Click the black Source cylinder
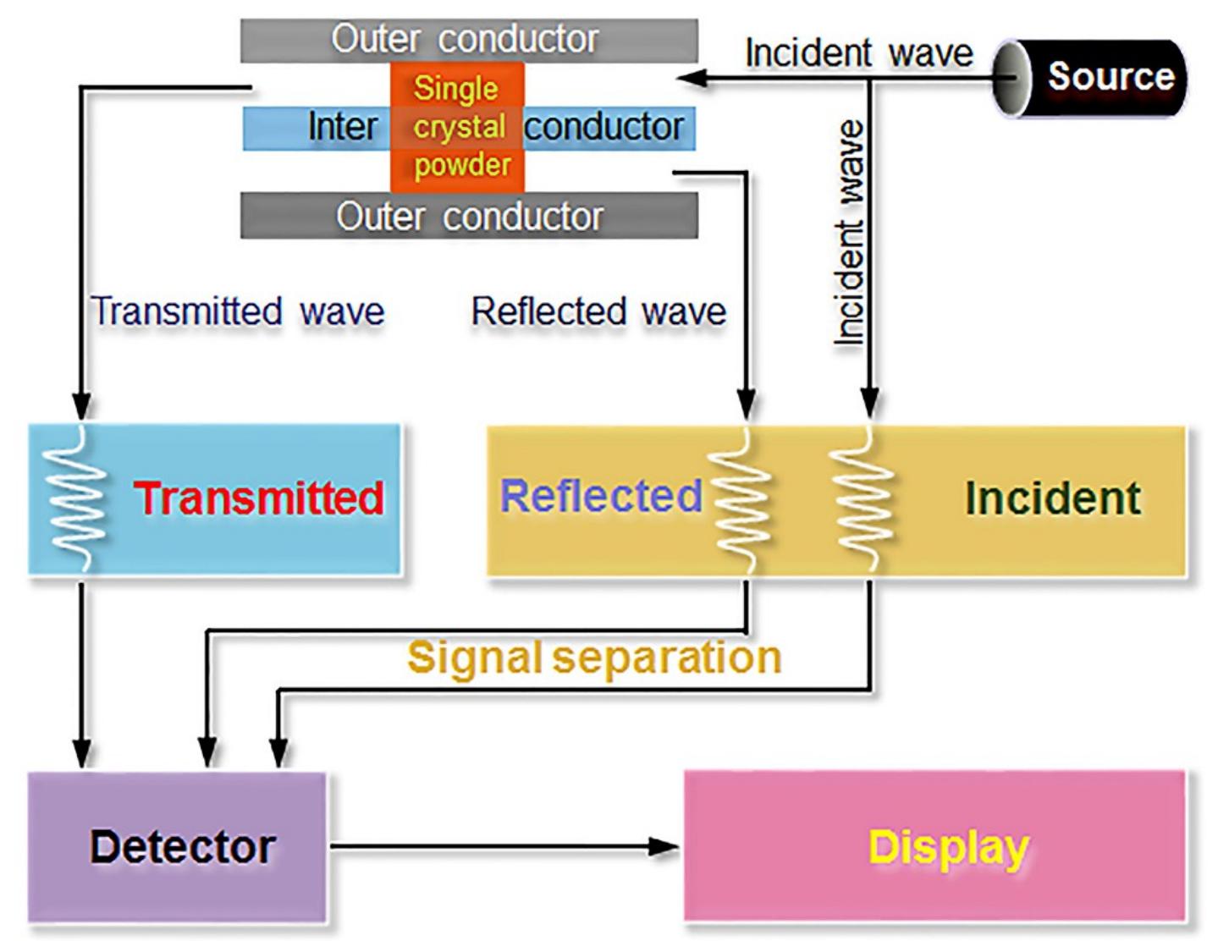coord(1092,77)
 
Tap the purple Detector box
coord(178,846)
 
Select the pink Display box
coord(935,846)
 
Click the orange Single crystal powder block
coord(457,127)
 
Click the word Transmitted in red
coord(259,498)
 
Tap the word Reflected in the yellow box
coord(600,496)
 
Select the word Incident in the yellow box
coord(1052,498)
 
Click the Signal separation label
coord(593,658)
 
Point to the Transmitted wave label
coord(238,311)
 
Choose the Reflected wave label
coord(598,311)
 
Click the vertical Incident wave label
coord(849,233)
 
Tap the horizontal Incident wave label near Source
coord(858,53)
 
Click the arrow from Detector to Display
coord(504,845)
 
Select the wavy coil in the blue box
coord(79,499)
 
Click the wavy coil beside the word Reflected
coord(743,499)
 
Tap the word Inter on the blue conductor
coord(342,128)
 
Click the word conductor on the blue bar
coord(603,128)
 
